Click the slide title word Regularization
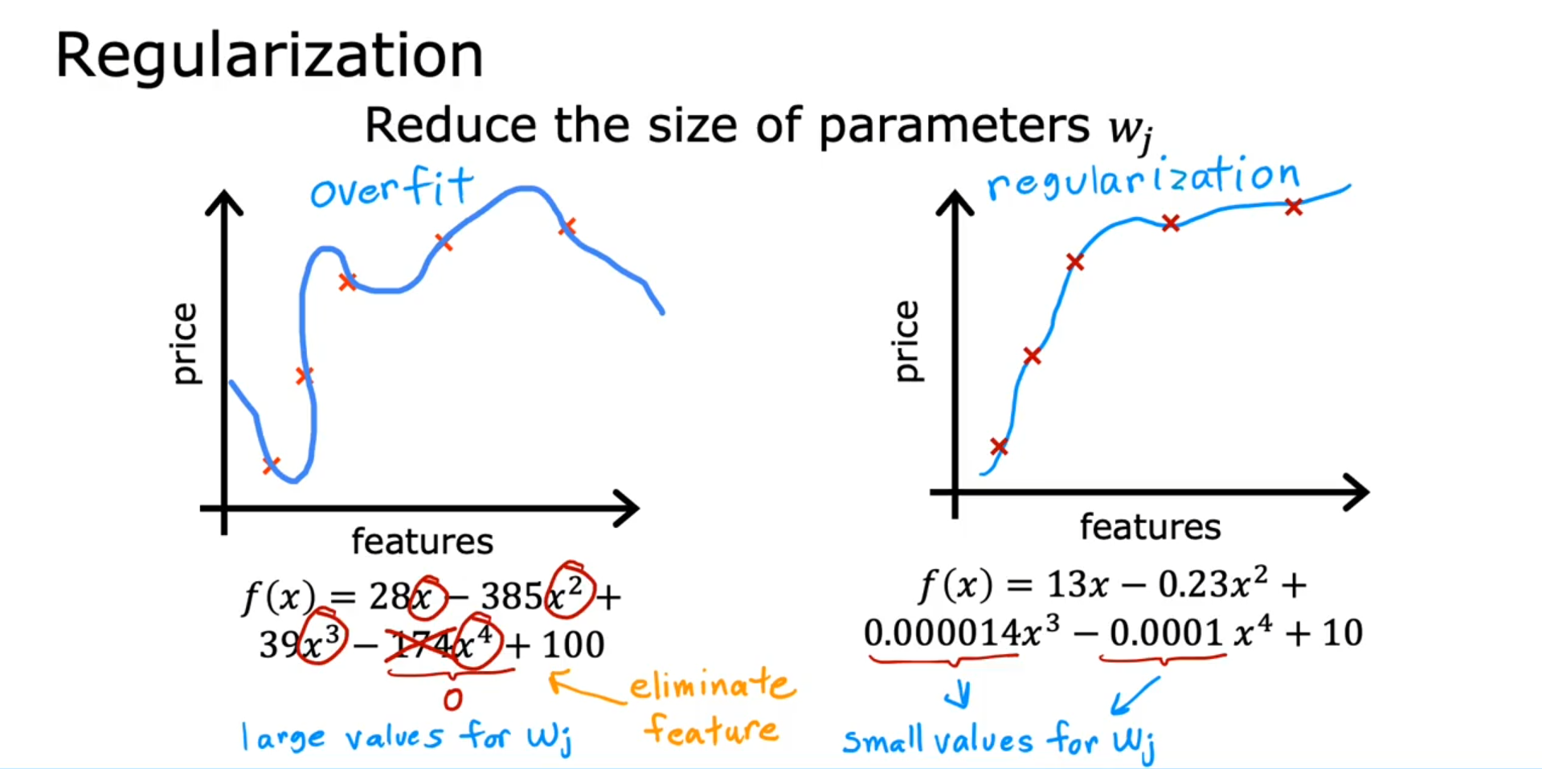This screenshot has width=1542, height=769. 268,56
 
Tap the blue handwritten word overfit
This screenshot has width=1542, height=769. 391,189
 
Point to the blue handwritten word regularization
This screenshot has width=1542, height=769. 1143,178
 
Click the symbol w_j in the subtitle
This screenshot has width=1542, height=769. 1131,129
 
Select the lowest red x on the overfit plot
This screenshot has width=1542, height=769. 271,465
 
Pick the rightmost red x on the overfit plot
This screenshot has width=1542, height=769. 567,227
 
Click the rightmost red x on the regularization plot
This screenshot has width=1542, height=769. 1293,207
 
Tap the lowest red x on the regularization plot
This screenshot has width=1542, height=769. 999,447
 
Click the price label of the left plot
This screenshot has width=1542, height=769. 185,343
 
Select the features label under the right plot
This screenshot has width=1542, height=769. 1149,527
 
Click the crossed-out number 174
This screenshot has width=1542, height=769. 419,644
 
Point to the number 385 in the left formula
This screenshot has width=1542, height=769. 511,597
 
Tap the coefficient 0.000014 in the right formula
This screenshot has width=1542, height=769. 941,633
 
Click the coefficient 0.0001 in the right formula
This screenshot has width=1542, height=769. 1166,633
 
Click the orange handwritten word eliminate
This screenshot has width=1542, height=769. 711,685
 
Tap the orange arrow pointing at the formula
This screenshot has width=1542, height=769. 583,689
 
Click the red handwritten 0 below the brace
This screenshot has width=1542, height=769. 452,699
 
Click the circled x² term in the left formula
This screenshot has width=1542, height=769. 569,595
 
